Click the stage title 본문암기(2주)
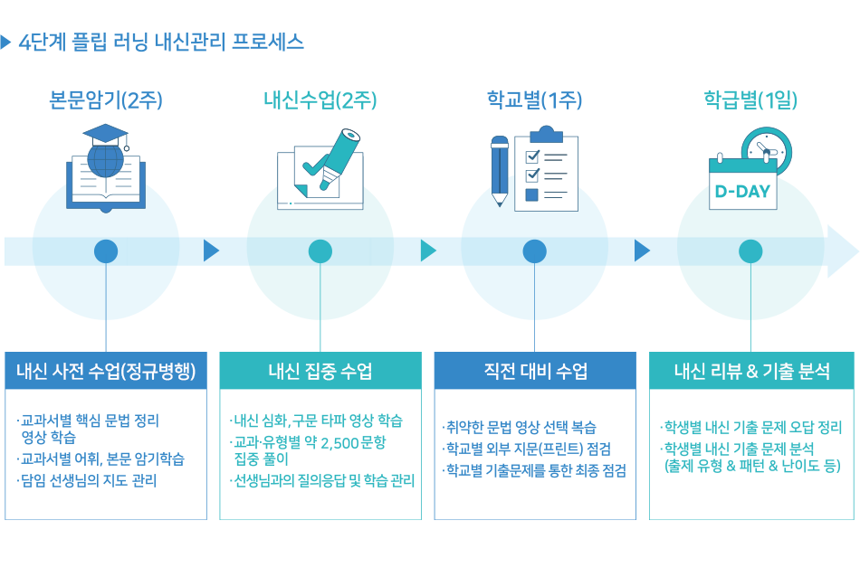pyautogui.click(x=105, y=100)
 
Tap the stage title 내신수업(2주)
pyautogui.click(x=320, y=100)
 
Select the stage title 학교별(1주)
pyautogui.click(x=534, y=100)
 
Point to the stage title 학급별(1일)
pyautogui.click(x=750, y=100)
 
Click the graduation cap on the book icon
pyautogui.click(x=105, y=137)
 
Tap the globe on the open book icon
pyautogui.click(x=104, y=167)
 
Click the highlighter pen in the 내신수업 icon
pyautogui.click(x=335, y=157)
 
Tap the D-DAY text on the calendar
pyautogui.click(x=742, y=192)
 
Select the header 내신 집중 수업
pyautogui.click(x=320, y=371)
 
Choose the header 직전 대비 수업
pyautogui.click(x=534, y=371)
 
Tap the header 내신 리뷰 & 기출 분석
pyautogui.click(x=751, y=371)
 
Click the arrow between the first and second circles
pyautogui.click(x=212, y=251)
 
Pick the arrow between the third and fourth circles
pyautogui.click(x=643, y=251)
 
